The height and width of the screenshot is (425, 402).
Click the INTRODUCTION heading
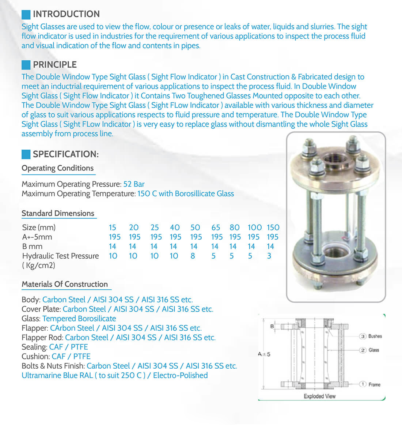(66, 14)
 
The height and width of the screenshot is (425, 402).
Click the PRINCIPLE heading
(55, 65)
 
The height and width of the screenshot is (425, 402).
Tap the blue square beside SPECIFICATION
(26, 154)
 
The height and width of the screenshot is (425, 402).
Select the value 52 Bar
(134, 184)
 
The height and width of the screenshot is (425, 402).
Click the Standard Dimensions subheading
(58, 213)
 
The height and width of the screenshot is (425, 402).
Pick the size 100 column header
(254, 227)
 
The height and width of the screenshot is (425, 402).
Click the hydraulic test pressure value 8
(193, 256)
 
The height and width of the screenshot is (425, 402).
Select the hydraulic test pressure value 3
(269, 256)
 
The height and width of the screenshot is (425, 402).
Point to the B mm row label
(32, 247)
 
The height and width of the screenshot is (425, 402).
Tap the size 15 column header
(112, 227)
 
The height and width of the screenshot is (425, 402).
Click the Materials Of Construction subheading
(65, 284)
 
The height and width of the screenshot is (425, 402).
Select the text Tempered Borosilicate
(79, 319)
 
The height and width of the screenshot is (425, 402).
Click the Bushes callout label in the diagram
(375, 336)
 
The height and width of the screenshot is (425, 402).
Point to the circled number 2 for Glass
(363, 350)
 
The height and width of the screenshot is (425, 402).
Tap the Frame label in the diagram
(374, 384)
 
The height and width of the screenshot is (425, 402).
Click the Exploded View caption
(319, 396)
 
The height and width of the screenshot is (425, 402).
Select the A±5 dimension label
(264, 354)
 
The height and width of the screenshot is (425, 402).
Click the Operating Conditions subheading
(57, 168)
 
